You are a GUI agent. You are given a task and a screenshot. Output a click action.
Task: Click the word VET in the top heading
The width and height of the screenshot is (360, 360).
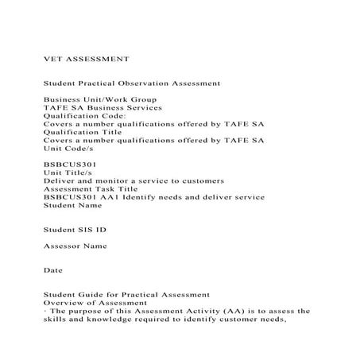(52, 58)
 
